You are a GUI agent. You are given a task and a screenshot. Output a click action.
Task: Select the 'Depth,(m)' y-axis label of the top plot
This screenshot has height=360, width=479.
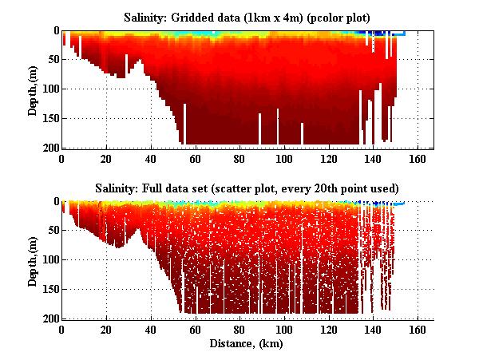(x=33, y=89)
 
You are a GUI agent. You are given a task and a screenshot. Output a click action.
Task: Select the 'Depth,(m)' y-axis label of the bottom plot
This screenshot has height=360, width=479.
(x=33, y=260)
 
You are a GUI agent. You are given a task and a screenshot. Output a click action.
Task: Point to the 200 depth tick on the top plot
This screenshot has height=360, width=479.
(x=49, y=148)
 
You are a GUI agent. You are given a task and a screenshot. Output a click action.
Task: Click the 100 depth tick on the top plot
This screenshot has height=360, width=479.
(x=49, y=89)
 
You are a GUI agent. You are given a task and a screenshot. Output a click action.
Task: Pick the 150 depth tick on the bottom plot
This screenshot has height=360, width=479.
(x=49, y=289)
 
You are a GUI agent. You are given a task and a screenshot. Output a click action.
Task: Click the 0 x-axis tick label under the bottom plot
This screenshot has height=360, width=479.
(x=62, y=329)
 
